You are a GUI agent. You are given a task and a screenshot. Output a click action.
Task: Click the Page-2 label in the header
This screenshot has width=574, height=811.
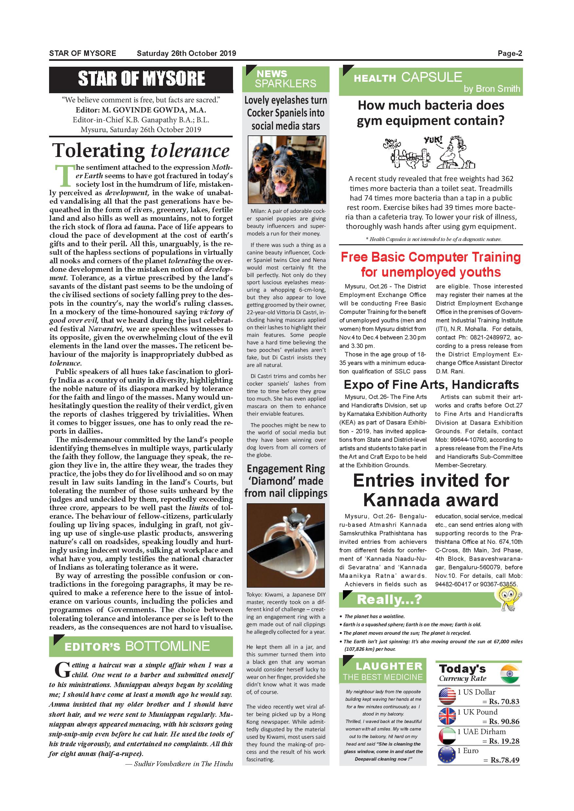click(x=510, y=53)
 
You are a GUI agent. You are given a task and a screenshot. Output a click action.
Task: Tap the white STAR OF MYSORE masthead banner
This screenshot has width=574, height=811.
click(x=141, y=79)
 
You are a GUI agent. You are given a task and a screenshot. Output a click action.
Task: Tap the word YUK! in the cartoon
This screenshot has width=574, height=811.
click(x=433, y=141)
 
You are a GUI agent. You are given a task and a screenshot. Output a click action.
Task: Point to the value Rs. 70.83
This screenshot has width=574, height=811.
click(x=504, y=701)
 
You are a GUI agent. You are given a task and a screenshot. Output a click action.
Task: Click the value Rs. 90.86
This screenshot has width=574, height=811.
click(x=504, y=721)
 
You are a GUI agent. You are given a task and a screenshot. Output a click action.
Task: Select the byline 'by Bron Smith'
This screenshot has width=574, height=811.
click(x=492, y=89)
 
